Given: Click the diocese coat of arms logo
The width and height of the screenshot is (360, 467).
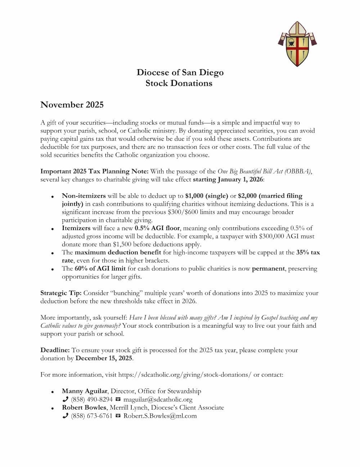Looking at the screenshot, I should point(297,44).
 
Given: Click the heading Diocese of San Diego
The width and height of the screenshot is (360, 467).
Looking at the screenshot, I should point(180,72).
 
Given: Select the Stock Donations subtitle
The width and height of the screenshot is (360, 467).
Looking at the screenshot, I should point(179,83).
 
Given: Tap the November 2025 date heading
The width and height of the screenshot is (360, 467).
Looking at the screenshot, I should point(72,105).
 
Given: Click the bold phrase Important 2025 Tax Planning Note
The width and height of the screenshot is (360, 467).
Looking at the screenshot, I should point(94,171).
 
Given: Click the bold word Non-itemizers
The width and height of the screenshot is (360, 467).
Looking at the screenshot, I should point(84,196).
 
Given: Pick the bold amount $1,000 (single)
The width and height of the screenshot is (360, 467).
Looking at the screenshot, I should point(207,196).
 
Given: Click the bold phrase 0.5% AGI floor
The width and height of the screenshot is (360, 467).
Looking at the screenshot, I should point(157,228).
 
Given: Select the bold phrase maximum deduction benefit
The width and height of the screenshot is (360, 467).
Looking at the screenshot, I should point(118,252).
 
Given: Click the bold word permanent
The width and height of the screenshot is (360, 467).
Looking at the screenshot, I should point(268,269).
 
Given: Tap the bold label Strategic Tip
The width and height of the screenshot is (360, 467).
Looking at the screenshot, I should point(61,293).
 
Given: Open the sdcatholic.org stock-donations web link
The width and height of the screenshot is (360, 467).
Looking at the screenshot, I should point(185,375).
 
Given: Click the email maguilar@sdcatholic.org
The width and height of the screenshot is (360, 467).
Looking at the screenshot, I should point(158,399).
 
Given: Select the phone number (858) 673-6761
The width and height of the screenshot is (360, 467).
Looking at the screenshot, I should point(91,416).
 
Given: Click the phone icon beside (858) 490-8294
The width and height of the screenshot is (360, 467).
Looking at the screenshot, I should point(65,399).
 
